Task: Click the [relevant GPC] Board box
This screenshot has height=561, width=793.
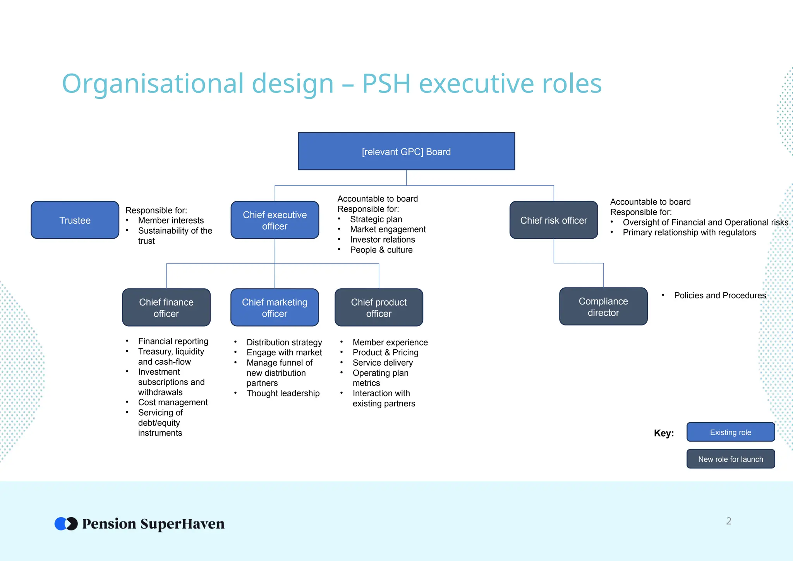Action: coord(406,151)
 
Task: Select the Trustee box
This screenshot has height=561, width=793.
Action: coord(75,220)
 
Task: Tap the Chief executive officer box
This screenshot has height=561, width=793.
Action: coord(275,220)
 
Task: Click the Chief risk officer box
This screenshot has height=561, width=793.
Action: coord(553,220)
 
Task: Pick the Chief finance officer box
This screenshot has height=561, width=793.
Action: coord(166,308)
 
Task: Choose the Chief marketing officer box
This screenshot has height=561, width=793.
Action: coord(275,308)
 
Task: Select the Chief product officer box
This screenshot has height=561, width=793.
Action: coord(379,308)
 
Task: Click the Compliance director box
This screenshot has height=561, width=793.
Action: coord(603,306)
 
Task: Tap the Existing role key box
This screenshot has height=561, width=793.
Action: coord(730,432)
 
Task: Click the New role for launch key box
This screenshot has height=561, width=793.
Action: coord(730,459)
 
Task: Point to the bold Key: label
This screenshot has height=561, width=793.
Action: coord(664,433)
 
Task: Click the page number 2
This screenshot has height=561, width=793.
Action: coord(728,521)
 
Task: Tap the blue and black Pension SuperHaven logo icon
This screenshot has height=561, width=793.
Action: coord(66,524)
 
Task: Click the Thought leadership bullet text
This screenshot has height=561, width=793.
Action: coord(283,393)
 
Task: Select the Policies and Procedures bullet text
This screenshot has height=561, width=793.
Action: coord(720,296)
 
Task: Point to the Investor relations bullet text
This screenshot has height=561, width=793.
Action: coord(382,239)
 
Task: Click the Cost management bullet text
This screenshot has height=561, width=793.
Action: coord(173,402)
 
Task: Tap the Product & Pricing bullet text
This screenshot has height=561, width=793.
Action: coord(385,353)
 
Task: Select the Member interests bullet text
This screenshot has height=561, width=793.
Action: coord(171,220)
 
